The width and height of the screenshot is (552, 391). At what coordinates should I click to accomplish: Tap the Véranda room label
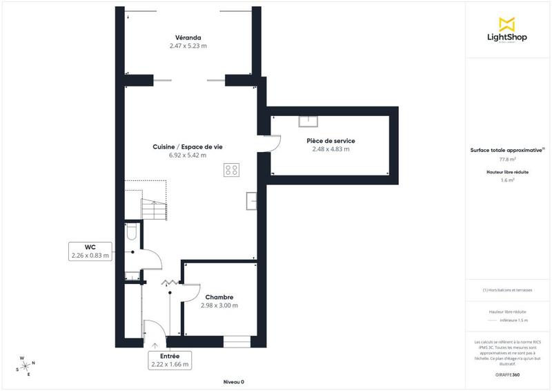188,37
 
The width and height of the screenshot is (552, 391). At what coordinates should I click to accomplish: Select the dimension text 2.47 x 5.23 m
188,46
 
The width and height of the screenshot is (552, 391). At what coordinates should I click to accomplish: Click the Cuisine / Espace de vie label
188,146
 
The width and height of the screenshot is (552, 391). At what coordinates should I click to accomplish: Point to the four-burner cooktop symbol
231,170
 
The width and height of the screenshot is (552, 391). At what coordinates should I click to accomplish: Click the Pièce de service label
331,141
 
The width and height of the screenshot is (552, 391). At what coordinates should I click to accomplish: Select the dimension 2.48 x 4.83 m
331,149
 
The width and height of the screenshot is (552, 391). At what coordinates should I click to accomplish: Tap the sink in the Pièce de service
308,122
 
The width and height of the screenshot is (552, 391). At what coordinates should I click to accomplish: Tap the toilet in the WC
131,233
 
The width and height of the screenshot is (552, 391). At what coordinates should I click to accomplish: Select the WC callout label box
90,251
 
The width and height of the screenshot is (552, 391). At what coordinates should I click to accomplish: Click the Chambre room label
219,297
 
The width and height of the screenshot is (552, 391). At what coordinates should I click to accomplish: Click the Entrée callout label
170,359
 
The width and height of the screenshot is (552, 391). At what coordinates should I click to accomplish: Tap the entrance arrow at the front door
155,344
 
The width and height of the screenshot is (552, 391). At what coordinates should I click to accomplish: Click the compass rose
26,365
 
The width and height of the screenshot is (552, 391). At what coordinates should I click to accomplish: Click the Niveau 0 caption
233,382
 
